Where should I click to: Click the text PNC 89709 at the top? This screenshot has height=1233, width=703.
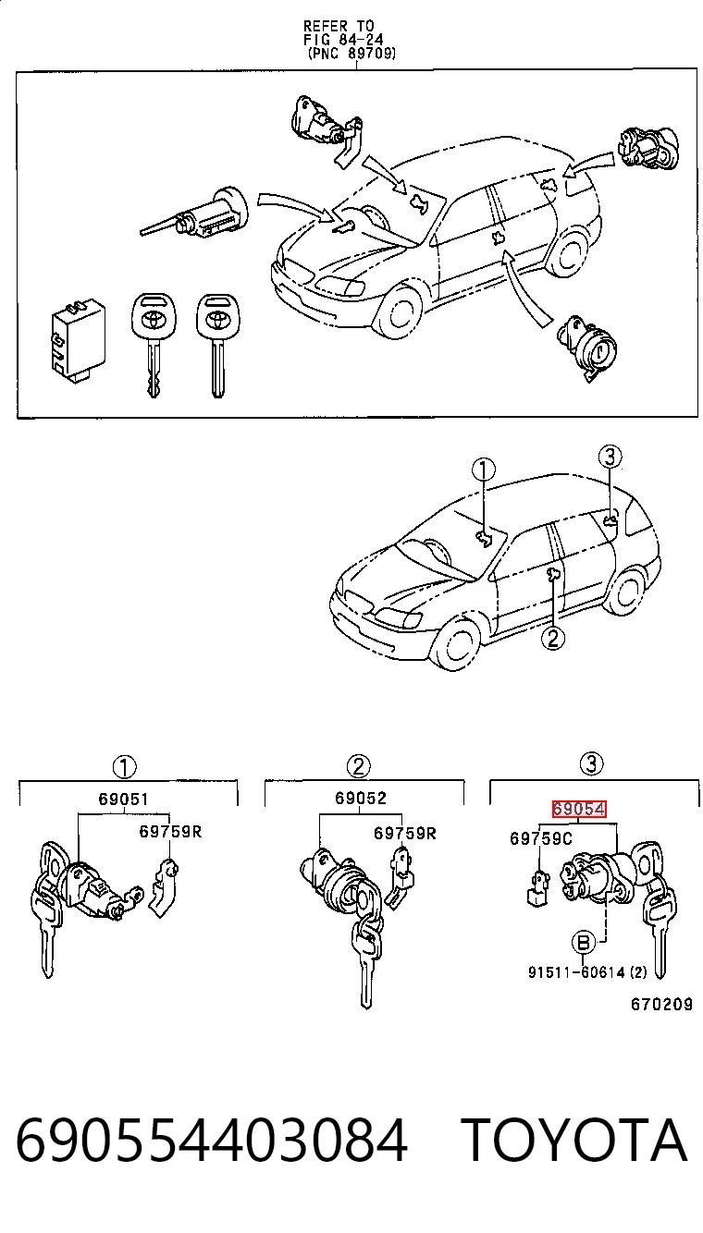coord(352,54)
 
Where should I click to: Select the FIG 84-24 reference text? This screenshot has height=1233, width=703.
coord(343,40)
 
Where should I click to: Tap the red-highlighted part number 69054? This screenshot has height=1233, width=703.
coord(579,809)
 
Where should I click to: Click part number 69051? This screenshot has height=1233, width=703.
coord(123,799)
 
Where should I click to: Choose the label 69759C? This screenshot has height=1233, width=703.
coord(540,838)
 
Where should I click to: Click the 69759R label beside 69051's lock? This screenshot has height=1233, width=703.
coord(170,831)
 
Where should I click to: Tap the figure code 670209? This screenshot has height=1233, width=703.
coord(661,1005)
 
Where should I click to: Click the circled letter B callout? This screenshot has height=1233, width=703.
coord(583,944)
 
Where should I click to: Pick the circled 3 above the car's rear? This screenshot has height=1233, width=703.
coord(610,457)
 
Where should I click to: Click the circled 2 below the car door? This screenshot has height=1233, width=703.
coord(553,638)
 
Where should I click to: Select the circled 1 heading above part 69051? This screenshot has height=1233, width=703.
coord(124,767)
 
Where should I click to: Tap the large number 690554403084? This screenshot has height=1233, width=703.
coord(212,1141)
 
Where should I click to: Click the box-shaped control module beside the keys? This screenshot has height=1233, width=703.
coord(76,339)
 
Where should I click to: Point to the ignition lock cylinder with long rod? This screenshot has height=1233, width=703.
coord(195,215)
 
